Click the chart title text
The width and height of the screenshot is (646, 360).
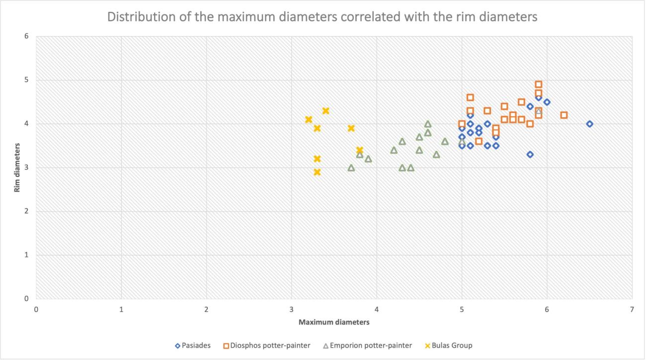tap(322, 17)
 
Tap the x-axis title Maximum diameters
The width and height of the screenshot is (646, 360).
tap(334, 322)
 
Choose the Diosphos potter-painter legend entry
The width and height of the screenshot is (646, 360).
tap(267, 346)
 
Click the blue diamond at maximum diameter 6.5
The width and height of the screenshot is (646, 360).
tap(589, 124)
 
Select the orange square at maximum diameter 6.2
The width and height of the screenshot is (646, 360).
tap(564, 115)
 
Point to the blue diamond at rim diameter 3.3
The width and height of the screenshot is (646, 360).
tap(530, 154)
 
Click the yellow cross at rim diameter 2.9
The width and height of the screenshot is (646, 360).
tap(317, 172)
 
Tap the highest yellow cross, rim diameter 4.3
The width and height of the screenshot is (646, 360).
tap(325, 111)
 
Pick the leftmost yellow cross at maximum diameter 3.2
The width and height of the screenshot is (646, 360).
tap(309, 120)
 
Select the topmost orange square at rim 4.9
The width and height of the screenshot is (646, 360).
tap(539, 84)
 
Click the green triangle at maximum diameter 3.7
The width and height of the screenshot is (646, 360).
tap(351, 168)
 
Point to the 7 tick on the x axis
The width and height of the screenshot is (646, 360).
tap(632, 309)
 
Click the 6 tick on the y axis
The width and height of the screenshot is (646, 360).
tap(26, 36)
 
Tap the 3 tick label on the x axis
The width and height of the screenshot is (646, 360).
tap(292, 309)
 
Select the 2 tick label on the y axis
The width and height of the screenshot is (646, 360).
tap(26, 212)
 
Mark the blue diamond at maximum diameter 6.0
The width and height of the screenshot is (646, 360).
tap(547, 102)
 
